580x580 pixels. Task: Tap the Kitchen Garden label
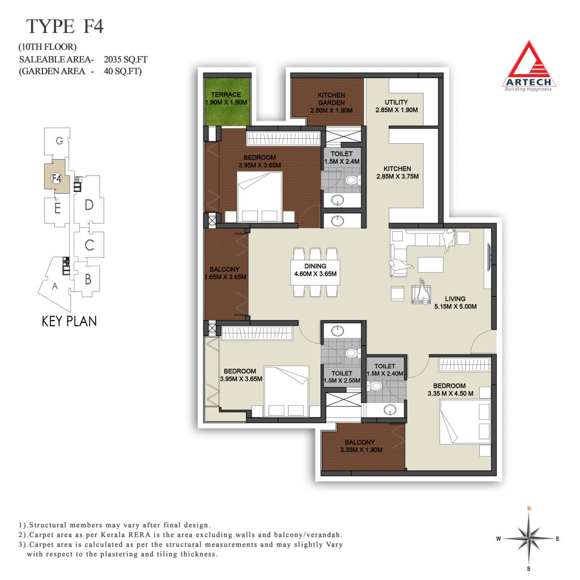coord(331,103)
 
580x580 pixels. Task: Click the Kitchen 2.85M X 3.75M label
coord(397,172)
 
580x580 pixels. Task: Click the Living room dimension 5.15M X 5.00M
coord(455,306)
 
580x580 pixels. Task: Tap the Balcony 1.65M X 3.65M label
coord(225,273)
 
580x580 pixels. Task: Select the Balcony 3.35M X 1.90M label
coord(361,446)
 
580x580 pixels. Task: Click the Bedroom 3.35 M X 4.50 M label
coord(450,390)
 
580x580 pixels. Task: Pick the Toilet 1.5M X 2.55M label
coord(342,377)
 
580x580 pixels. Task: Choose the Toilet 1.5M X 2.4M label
coord(342,157)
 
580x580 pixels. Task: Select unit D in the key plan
coord(89,204)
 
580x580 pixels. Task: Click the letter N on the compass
coord(529,509)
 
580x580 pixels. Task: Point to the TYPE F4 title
coord(65,26)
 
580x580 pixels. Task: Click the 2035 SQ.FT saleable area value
coord(126,59)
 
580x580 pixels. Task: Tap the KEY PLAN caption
coord(69,321)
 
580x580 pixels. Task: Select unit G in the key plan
coord(59,141)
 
